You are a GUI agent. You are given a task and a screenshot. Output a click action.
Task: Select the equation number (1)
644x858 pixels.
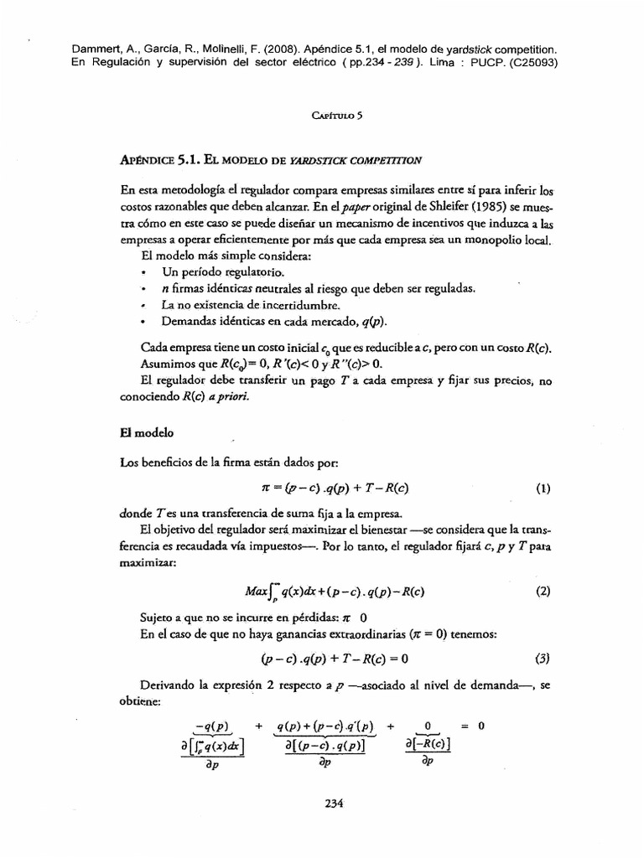tap(543, 488)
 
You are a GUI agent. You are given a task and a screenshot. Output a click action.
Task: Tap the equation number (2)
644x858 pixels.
tap(543, 591)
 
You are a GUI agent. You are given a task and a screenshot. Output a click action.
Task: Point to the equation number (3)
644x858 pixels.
tap(543, 658)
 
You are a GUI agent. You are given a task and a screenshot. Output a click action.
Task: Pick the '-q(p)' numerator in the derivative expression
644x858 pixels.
tap(211, 726)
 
